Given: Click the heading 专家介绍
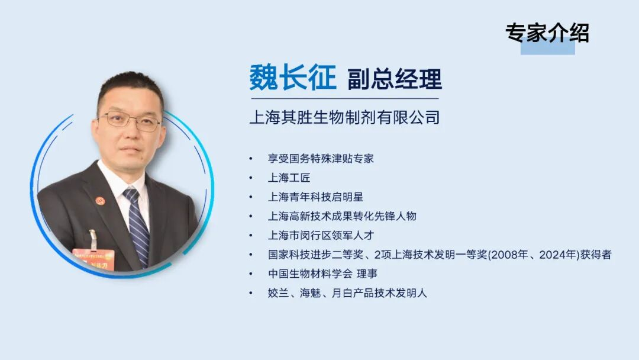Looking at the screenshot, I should [547, 33].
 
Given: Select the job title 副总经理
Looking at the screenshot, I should [395, 79].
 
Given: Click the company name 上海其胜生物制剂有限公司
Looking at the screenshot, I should [344, 117].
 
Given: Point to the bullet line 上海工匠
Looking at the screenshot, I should [289, 178].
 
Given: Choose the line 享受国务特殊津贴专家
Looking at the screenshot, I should [321, 159].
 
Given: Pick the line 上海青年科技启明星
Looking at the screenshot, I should [315, 197].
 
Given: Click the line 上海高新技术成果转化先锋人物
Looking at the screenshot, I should [342, 216].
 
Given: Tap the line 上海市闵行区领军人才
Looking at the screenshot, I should [321, 235].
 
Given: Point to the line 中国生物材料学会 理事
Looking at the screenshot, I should [322, 274].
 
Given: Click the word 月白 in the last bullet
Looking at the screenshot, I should [350, 292].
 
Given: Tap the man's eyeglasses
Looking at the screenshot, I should [130, 121].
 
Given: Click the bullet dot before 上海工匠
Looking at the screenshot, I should [251, 178].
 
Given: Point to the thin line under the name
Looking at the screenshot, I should [344, 98].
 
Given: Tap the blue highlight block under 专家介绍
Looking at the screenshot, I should [547, 47].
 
